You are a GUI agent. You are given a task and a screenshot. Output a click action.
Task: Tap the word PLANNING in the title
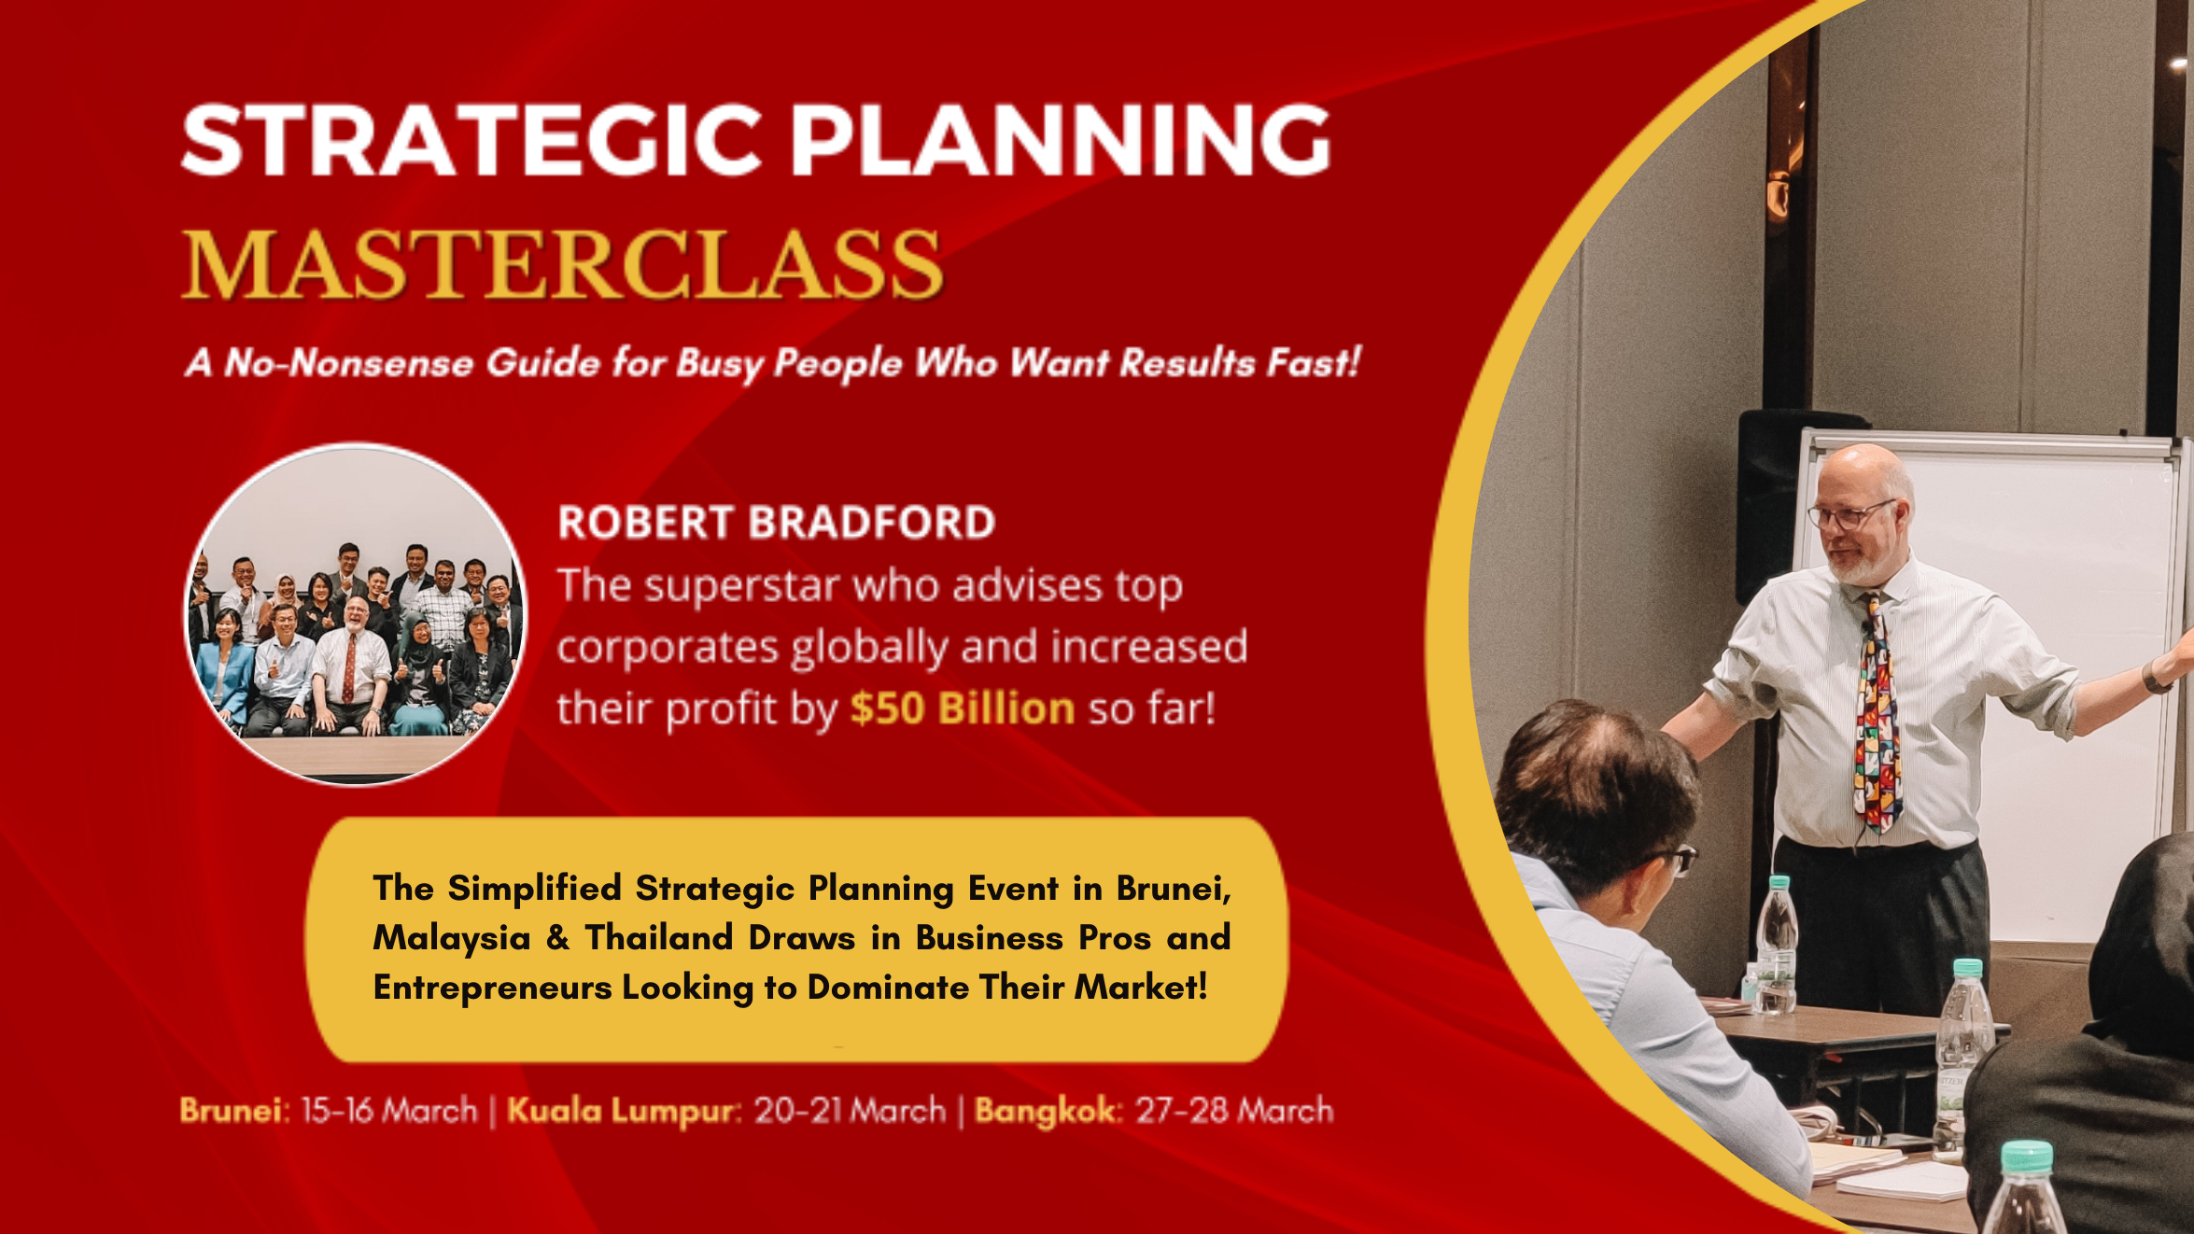(x=1061, y=140)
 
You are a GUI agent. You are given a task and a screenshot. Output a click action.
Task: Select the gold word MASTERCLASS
(x=562, y=264)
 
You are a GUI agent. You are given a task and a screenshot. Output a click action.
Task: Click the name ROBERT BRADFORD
(x=776, y=523)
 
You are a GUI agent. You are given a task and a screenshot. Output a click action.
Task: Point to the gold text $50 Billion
(x=963, y=708)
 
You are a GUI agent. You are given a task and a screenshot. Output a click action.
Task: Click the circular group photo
(x=356, y=614)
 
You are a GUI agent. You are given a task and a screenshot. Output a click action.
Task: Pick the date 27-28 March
(x=1234, y=1110)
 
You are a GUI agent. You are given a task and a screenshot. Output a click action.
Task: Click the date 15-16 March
(x=388, y=1110)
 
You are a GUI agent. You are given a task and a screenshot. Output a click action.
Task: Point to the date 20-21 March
(x=850, y=1110)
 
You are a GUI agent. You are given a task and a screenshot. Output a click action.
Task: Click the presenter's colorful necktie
(x=1876, y=714)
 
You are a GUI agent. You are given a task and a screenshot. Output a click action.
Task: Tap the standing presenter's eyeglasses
(x=1850, y=514)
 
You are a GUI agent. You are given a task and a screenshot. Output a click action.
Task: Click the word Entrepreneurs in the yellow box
(x=492, y=988)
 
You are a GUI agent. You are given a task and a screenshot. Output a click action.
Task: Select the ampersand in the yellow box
(x=558, y=937)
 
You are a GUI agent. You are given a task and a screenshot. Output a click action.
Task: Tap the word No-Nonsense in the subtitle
(x=349, y=362)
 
